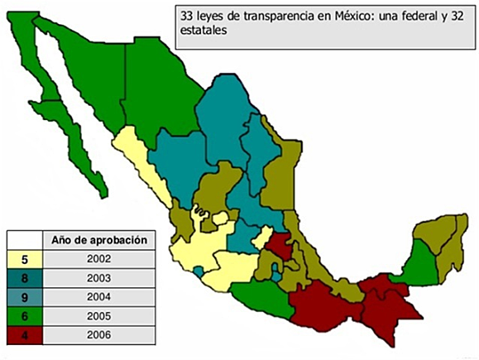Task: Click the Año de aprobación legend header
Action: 99,240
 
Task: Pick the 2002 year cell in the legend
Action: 99,259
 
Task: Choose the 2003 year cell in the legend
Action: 99,278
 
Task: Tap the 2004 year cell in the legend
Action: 99,297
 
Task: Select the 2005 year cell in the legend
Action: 99,316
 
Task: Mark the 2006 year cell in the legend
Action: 99,335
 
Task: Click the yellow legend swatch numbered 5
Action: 25,259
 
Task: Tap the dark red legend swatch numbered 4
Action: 25,335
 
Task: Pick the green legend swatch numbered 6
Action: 25,316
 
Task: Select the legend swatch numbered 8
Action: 25,278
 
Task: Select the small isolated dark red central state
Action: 280,246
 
